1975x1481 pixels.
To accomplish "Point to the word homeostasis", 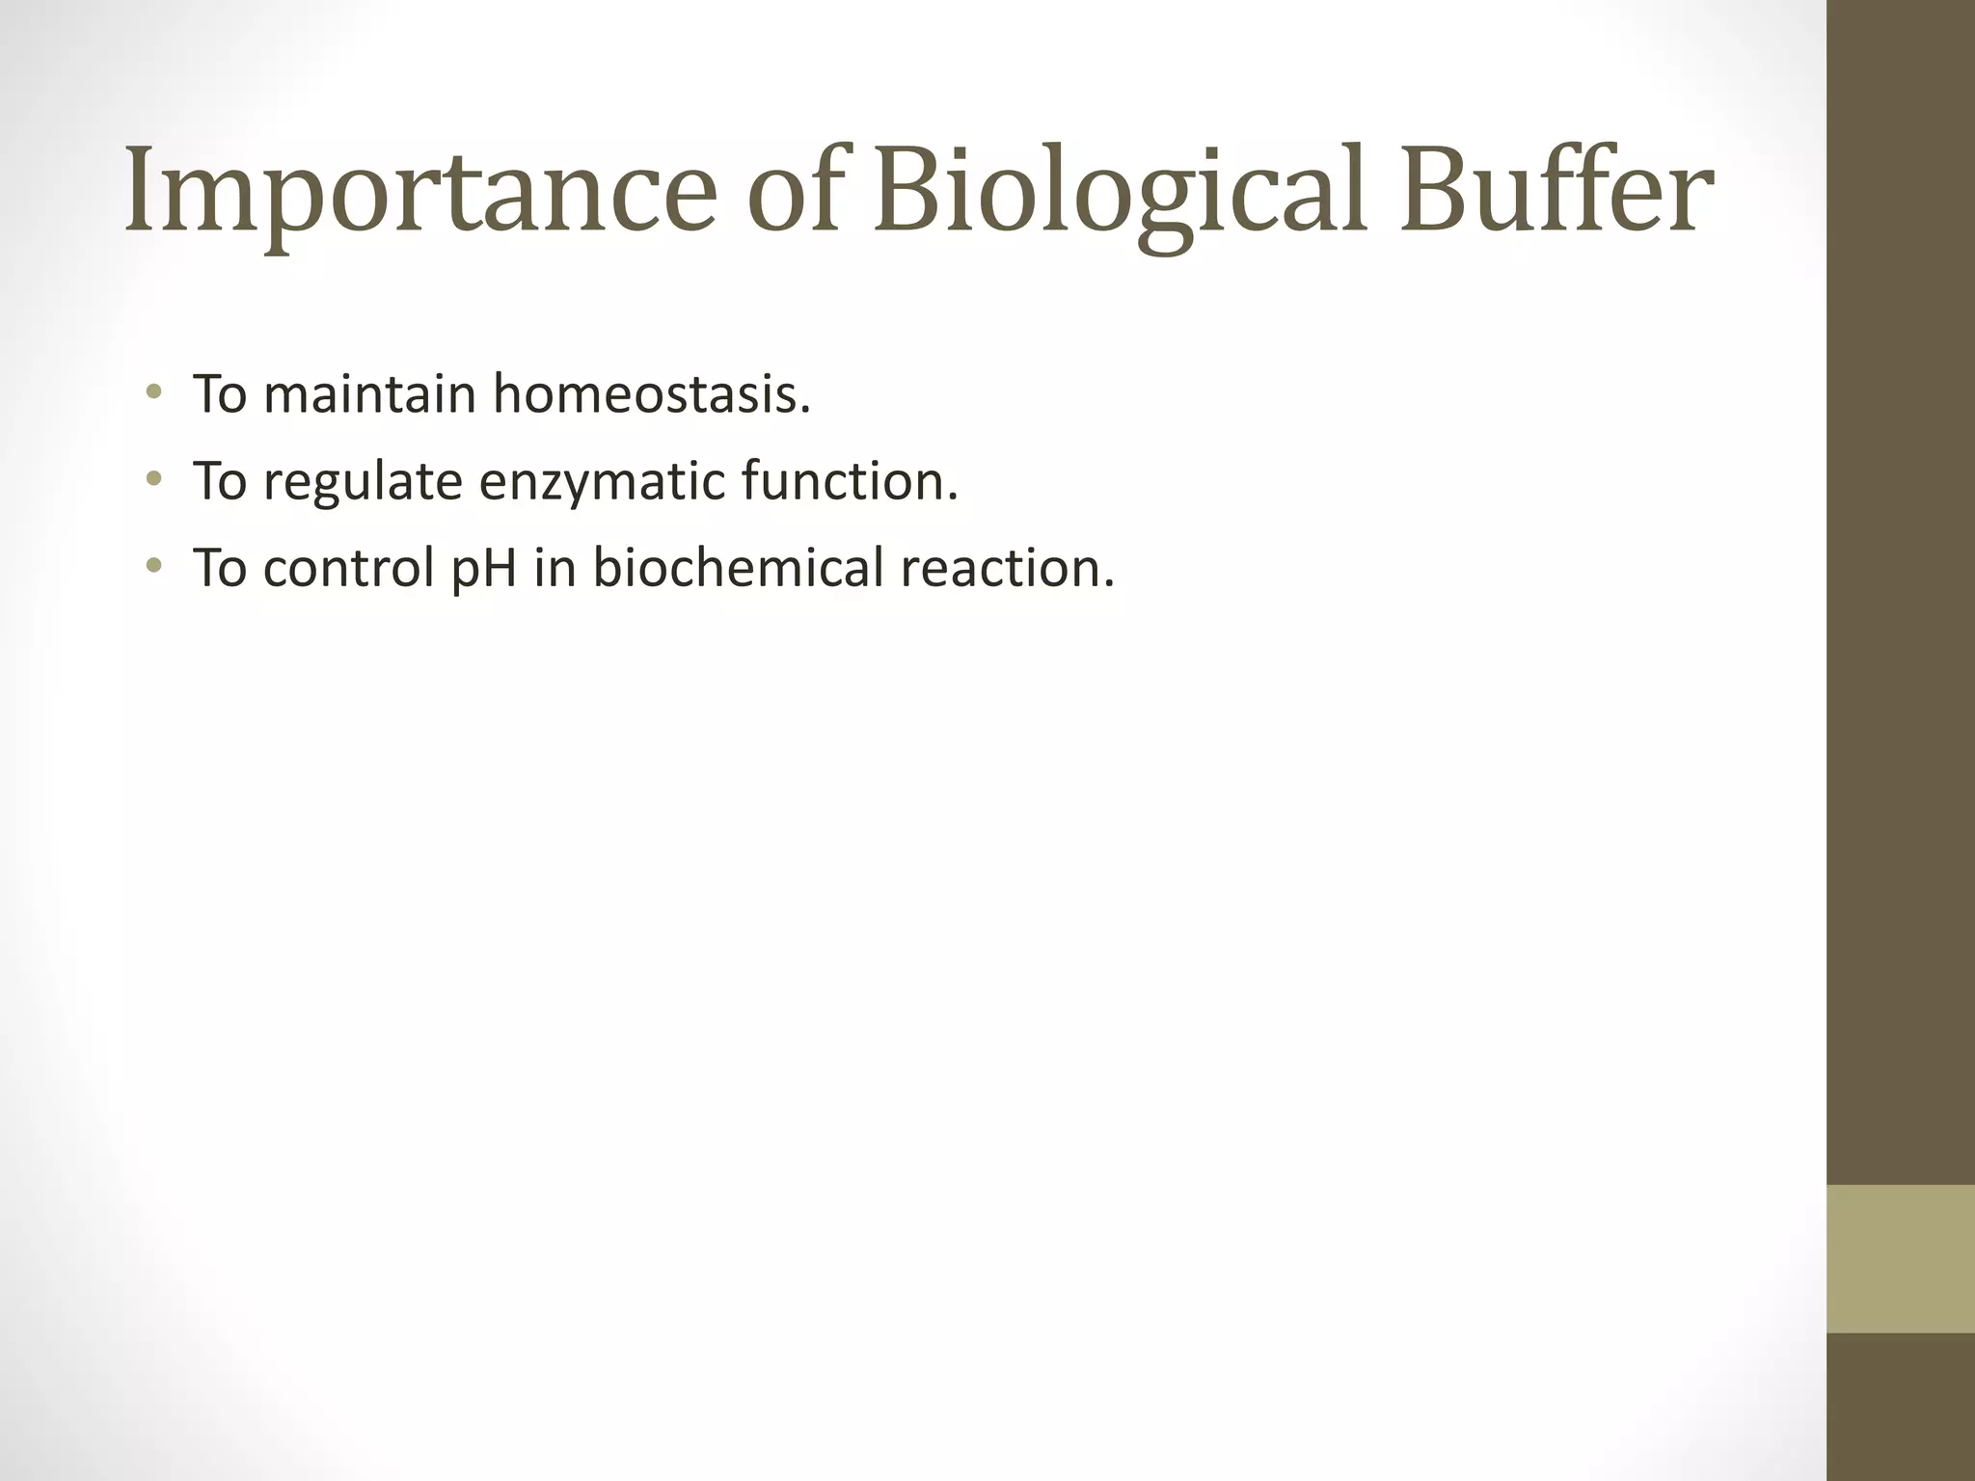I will point(652,394).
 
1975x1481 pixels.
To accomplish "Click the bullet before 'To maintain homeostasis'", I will point(153,392).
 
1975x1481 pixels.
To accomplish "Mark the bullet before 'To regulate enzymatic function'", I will point(153,479).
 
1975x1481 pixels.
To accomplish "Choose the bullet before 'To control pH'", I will point(153,565).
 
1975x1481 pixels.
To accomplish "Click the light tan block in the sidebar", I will point(1901,1258).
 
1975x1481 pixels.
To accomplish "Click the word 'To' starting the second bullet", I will point(219,481).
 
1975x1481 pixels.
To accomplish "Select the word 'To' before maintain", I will point(219,394).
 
